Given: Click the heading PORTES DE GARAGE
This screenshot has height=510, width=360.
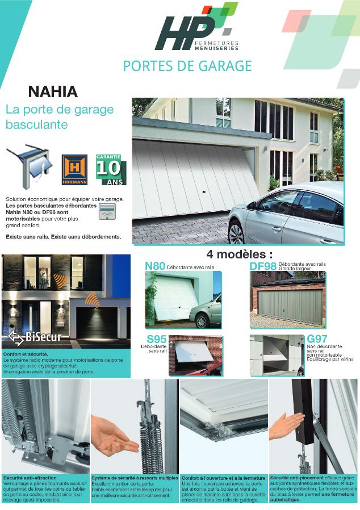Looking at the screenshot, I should pyautogui.click(x=187, y=66).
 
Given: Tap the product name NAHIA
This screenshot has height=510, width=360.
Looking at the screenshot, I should pyautogui.click(x=53, y=92).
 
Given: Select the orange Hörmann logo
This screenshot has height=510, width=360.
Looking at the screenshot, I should pyautogui.click(x=74, y=170).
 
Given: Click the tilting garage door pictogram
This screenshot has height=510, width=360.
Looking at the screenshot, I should pyautogui.click(x=28, y=167).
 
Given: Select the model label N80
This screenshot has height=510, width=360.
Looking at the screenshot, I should pyautogui.click(x=155, y=266).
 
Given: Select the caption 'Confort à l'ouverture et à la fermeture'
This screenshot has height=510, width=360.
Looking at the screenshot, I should pyautogui.click(x=223, y=478).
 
